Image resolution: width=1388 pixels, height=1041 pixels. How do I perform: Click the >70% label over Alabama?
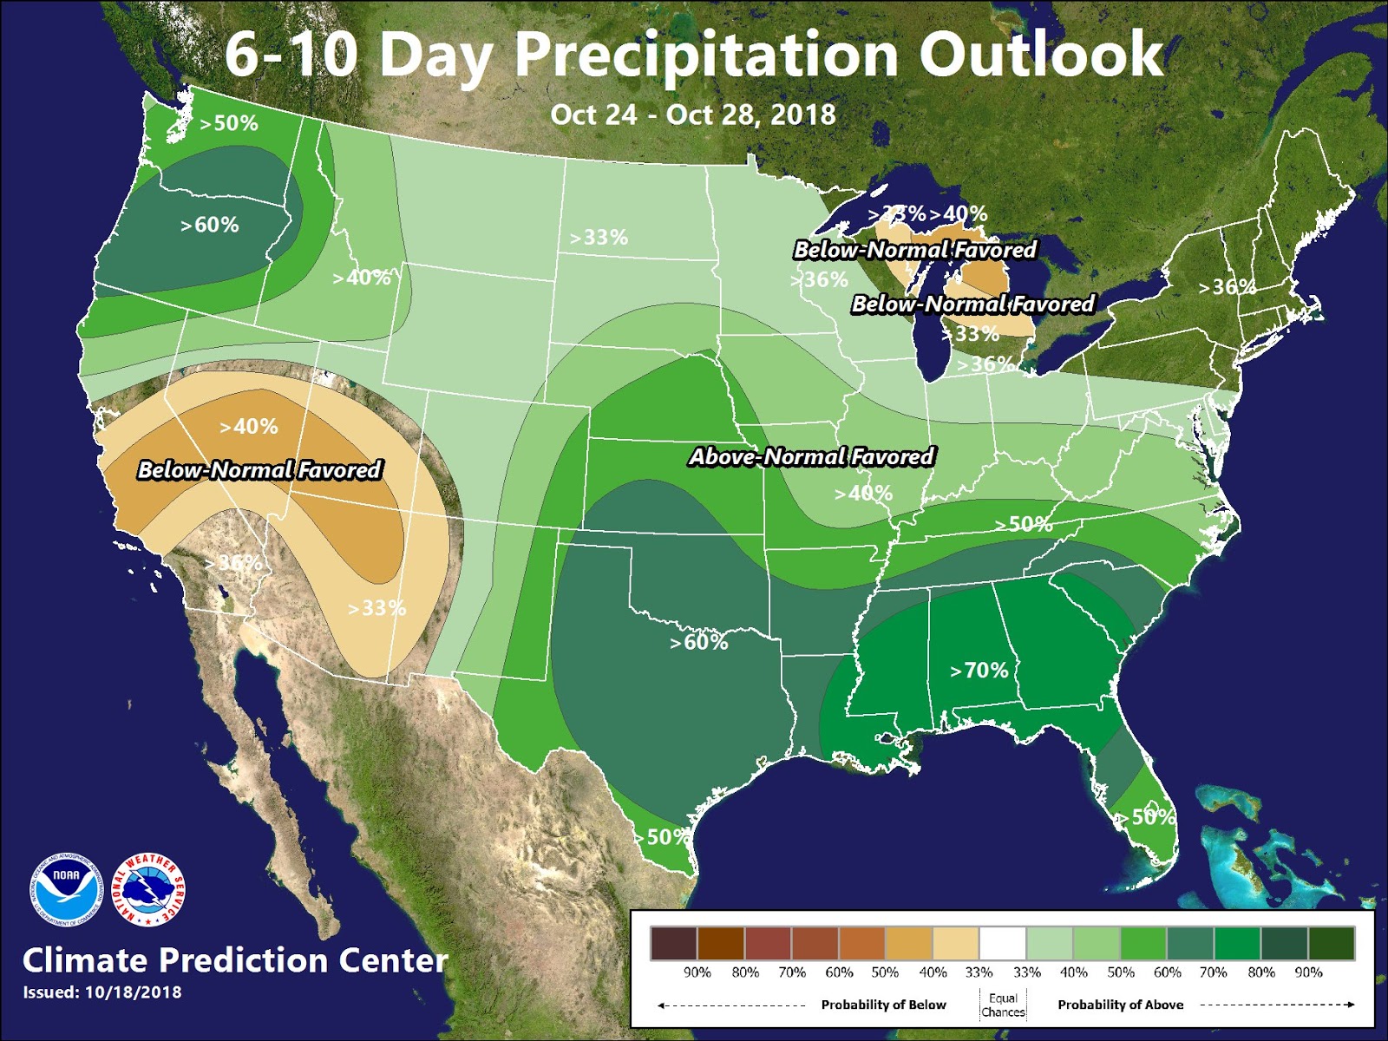(x=979, y=670)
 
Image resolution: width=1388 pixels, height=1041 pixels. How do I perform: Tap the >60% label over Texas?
(x=698, y=642)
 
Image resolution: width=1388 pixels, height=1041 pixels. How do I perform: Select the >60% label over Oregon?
(x=209, y=225)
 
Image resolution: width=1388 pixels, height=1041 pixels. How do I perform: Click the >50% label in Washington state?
(x=229, y=123)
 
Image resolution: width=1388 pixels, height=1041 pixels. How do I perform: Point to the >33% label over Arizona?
(x=376, y=608)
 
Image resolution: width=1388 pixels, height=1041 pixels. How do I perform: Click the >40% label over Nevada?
(x=249, y=426)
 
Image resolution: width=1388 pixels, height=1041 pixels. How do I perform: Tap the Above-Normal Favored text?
(x=811, y=456)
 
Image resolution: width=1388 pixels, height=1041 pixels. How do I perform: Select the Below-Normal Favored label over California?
(x=259, y=470)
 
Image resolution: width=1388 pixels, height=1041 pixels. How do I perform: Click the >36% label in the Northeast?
(x=1227, y=286)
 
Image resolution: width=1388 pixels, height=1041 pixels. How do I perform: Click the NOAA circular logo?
(x=67, y=890)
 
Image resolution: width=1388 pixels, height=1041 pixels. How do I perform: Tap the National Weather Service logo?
(x=150, y=890)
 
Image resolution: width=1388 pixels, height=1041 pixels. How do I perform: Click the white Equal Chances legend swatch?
(x=1003, y=943)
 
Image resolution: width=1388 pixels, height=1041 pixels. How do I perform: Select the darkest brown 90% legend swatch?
(x=674, y=943)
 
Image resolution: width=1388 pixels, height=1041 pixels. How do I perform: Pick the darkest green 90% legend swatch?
(x=1331, y=943)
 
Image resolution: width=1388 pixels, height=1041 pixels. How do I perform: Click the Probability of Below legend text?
(x=883, y=1005)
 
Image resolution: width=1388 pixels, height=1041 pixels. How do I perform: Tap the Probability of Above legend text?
(x=1120, y=1005)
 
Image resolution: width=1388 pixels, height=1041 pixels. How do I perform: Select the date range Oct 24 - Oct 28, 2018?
(x=693, y=115)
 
